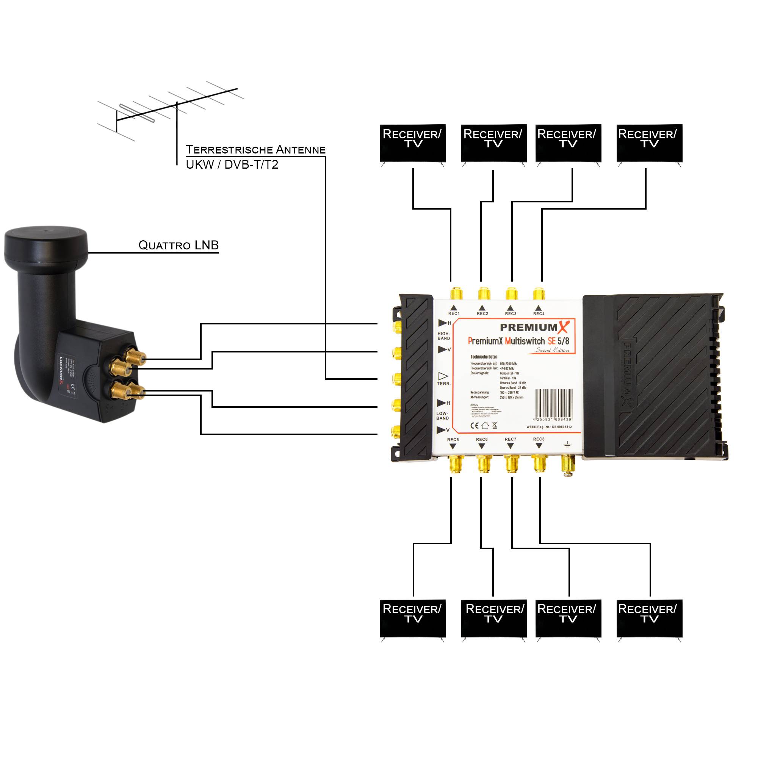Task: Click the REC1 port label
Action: [454, 313]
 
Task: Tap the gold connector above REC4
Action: [539, 293]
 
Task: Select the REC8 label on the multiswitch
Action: [539, 439]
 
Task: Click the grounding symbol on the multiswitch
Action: [567, 444]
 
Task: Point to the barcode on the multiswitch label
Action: [554, 403]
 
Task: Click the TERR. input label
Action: [444, 383]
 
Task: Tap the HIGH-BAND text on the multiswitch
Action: [444, 336]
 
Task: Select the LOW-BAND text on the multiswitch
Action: [442, 415]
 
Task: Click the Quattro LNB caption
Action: [179, 245]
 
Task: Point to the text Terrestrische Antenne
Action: [255, 149]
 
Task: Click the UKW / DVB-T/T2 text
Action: [232, 165]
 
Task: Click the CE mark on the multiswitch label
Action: [474, 425]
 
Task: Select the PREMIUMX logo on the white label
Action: [534, 327]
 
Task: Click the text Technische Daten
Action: [484, 357]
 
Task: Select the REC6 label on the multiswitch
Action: [481, 439]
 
